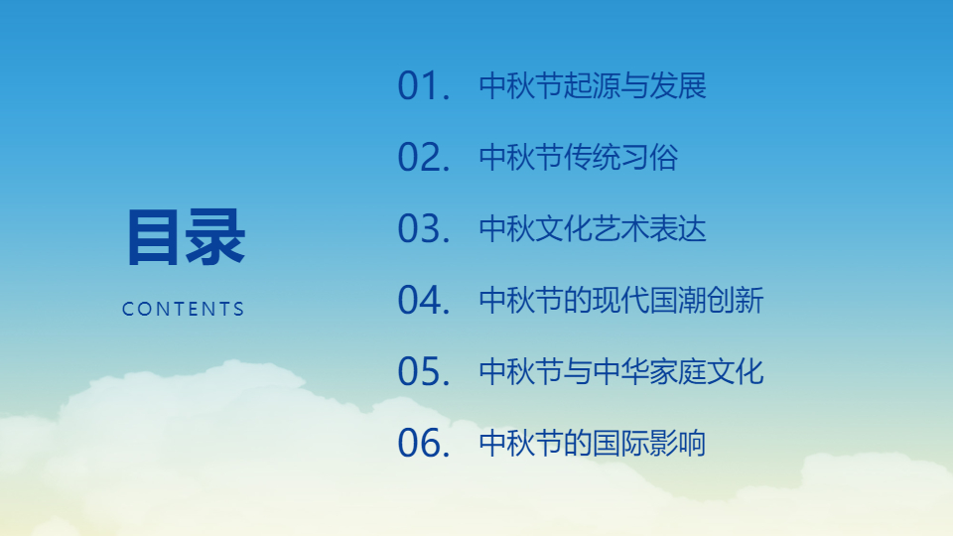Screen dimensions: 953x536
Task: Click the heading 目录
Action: pos(186,237)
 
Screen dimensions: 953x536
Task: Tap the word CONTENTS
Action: pos(183,309)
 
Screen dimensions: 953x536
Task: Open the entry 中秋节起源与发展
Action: pos(593,85)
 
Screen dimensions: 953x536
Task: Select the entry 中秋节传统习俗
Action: pos(579,158)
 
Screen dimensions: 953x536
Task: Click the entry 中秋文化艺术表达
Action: pos(593,229)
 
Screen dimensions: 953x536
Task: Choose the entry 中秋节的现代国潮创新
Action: pos(621,300)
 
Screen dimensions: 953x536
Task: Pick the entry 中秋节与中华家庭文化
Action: pos(621,372)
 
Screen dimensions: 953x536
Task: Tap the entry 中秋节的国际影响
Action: pos(593,443)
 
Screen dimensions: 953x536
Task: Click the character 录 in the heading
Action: pos(215,237)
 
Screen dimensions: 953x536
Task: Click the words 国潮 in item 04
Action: pos(678,300)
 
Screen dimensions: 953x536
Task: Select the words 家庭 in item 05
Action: pos(678,372)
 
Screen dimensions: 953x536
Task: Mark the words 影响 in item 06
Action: pos(678,443)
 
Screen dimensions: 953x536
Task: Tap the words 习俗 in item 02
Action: pos(649,158)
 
